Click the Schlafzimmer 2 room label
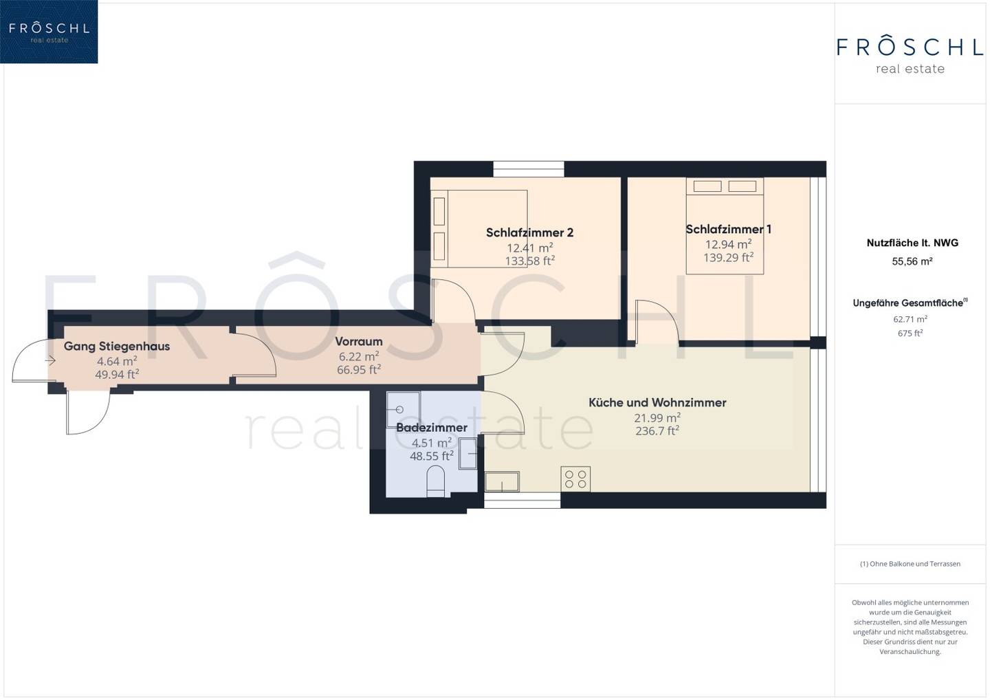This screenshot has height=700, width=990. coord(529,232)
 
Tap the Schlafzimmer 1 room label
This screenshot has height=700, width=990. coord(728,230)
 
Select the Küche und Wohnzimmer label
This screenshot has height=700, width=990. coord(657,402)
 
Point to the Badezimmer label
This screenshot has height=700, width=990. coord(431,427)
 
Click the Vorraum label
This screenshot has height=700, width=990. coord(358,342)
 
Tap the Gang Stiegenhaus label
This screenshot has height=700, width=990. coord(117,347)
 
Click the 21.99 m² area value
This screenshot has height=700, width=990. coord(657,417)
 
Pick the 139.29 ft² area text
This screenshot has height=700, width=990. coord(728,257)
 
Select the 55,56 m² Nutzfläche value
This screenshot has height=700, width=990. coord(912,261)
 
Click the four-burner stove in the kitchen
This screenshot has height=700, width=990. coord(575,479)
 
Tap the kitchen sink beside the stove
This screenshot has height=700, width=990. coord(502,481)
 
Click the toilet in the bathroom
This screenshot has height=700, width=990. coord(436,483)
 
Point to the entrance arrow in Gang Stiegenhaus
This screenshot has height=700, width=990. coord(50,361)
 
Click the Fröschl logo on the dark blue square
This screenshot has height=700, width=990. coord(49,32)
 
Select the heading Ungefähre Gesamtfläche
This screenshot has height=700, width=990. coord(910,303)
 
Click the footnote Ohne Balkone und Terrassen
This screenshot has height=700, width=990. coord(910,564)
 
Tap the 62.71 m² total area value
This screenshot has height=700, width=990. coord(910,319)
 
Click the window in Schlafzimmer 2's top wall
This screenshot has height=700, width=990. coord(529,169)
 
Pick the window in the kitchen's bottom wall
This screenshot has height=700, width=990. coord(522,500)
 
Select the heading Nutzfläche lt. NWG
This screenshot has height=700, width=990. coord(912,243)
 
